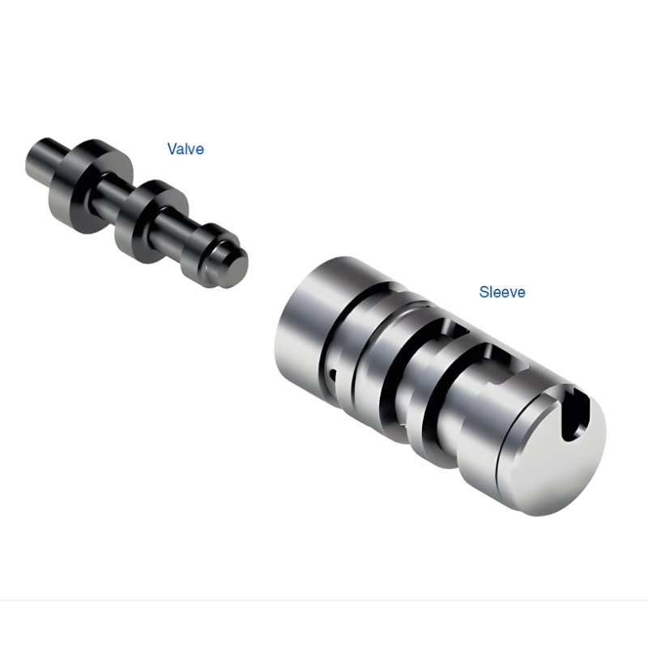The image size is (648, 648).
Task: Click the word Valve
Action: tap(185, 149)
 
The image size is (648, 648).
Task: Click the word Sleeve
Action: tap(502, 292)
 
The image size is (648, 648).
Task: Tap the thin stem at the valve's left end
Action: tap(45, 151)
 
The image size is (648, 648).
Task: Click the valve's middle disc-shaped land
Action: tap(151, 215)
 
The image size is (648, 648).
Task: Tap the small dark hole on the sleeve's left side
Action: tap(333, 373)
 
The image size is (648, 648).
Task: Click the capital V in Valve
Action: tap(173, 149)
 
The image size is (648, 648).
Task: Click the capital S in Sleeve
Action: tap(484, 292)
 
